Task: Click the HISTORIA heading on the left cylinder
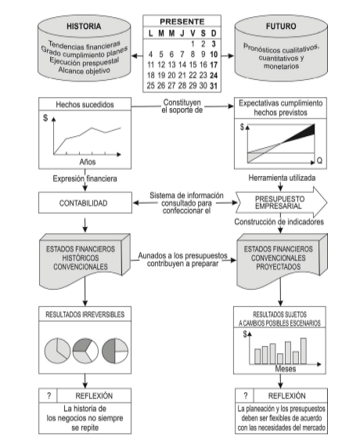pos(84,27)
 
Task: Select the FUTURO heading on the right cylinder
pos(281,27)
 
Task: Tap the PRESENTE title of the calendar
pos(182,21)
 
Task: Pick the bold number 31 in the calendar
pos(214,85)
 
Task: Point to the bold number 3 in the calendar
pos(214,44)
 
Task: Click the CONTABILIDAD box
pos(85,203)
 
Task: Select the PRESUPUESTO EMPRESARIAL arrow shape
pos(281,203)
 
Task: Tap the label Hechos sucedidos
pos(85,104)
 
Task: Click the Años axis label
pos(88,162)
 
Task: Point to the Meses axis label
pos(286,369)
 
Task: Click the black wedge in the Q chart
pos(304,133)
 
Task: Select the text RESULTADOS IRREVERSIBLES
pos(85,314)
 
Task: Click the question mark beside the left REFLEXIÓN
pos(49,395)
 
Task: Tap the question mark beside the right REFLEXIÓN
pos(246,395)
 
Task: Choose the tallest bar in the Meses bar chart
pos(304,351)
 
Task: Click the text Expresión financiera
pos(85,179)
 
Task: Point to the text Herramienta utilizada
pos(282,178)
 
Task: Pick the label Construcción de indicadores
pos(279,222)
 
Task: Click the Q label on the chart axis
pos(319,161)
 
